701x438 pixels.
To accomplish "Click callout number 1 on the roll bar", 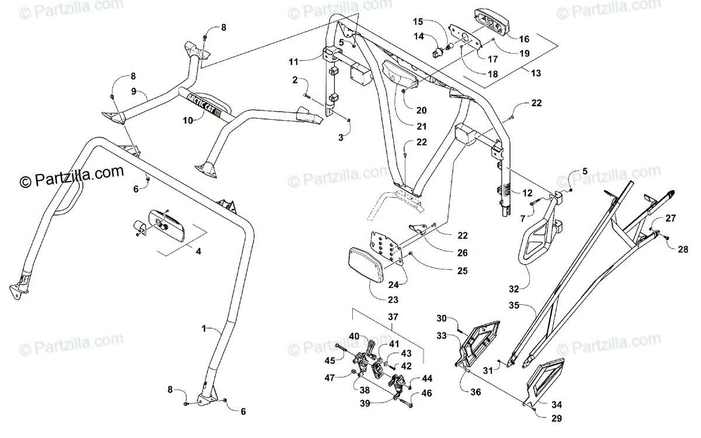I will point(204,329).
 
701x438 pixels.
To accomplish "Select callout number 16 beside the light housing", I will point(523,39).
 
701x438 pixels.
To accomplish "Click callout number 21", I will point(405,126).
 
